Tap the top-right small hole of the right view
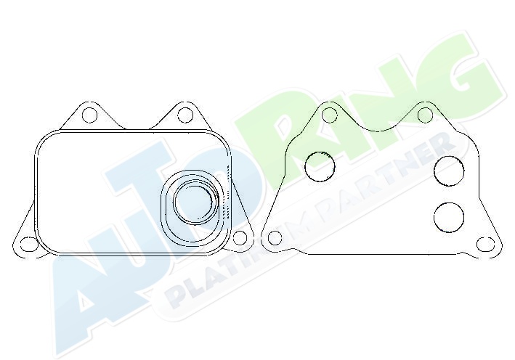(x=425, y=115)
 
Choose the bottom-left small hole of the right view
(x=275, y=237)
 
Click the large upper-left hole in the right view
(x=320, y=167)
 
